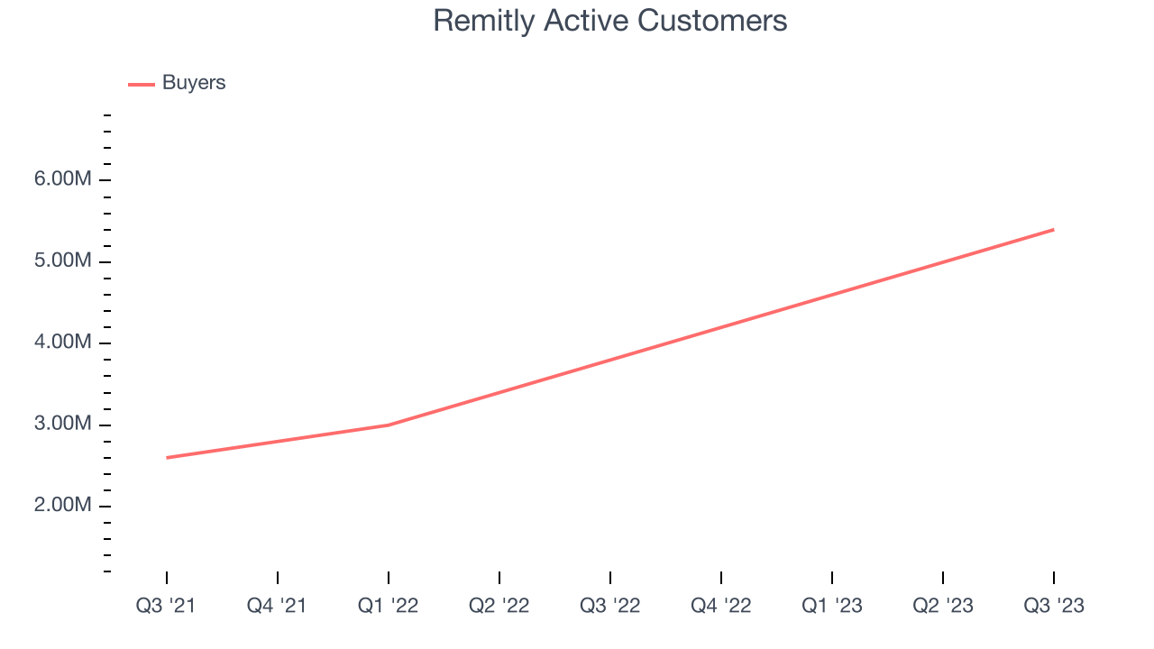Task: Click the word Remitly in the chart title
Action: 484,22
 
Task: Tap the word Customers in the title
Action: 712,21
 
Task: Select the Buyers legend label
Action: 194,83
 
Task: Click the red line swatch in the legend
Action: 142,85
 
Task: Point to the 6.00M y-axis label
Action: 63,178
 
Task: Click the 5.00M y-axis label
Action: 63,261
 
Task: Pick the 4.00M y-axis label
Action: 63,342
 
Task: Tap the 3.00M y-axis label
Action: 63,424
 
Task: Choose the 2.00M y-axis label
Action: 63,505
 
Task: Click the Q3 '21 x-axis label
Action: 166,606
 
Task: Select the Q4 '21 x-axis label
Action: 277,606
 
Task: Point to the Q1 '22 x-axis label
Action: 388,606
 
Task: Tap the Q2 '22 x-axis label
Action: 499,606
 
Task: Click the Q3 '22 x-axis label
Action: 610,606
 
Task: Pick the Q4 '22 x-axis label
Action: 720,606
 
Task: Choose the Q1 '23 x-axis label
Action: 832,606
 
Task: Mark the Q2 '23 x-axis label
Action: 943,606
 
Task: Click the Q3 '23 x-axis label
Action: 1054,606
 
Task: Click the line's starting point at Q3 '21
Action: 167,457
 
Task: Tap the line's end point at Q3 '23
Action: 1054,230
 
